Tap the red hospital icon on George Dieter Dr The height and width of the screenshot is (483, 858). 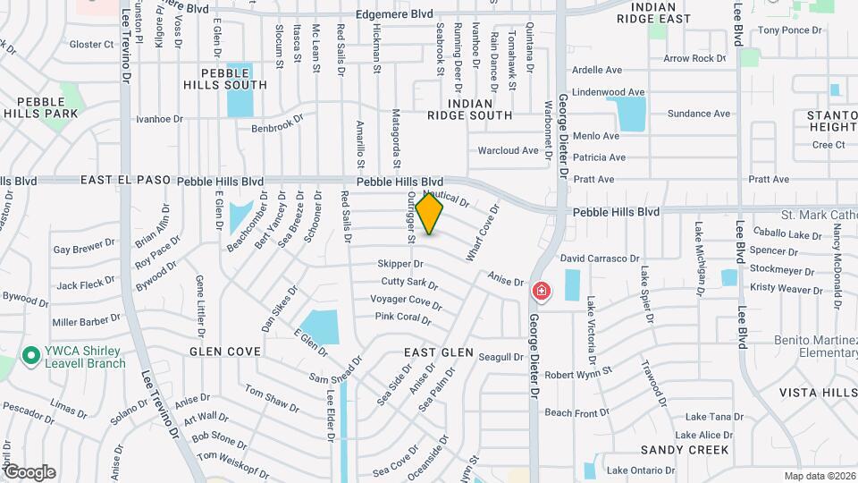coord(541,292)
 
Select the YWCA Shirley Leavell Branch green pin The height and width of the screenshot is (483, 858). coord(31,356)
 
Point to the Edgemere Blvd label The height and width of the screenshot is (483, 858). coord(394,14)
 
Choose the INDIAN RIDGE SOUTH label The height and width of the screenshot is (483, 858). coord(469,109)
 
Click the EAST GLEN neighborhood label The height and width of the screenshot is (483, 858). coord(438,352)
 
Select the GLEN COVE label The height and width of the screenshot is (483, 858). coord(223,352)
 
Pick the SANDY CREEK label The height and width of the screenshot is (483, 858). coord(686,450)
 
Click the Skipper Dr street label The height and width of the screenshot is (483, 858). coord(400,264)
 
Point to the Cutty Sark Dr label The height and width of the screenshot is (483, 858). coord(409,283)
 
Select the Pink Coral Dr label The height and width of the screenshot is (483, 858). coord(403,317)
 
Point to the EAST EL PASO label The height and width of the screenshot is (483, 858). coord(125,180)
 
